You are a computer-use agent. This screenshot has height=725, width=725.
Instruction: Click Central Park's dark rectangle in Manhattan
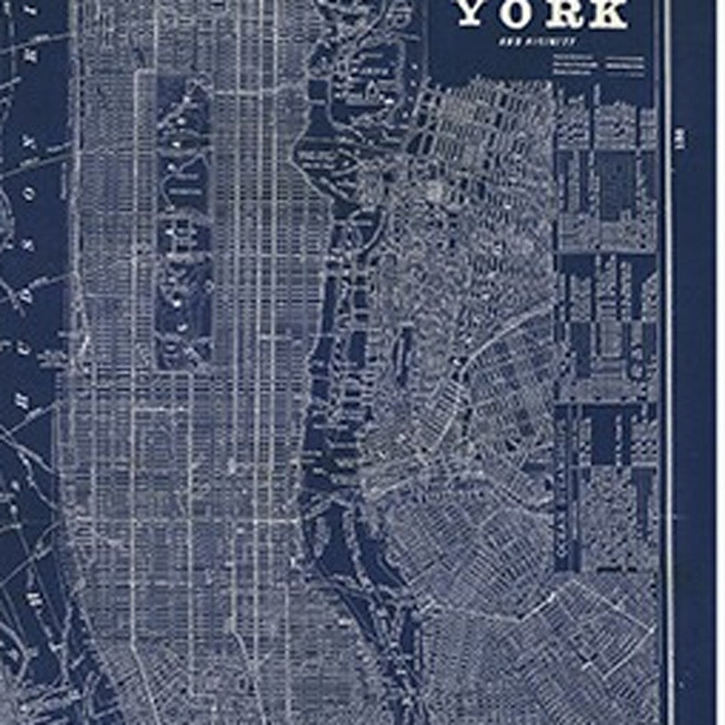coord(184,217)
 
